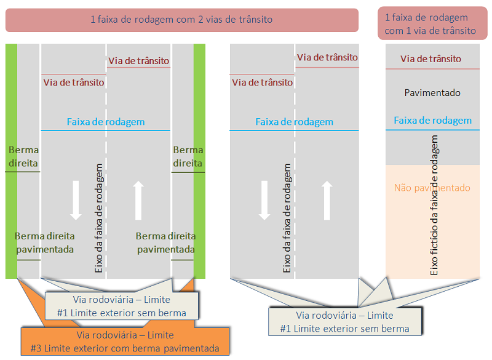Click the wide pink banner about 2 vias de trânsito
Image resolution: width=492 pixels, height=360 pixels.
[x=181, y=20]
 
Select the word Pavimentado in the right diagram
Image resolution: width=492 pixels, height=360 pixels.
[x=432, y=93]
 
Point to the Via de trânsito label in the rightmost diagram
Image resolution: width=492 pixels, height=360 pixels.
[x=430, y=59]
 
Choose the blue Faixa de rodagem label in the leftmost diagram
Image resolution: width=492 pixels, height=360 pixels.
[x=106, y=122]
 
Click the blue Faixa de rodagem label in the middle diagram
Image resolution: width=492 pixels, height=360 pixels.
[x=294, y=122]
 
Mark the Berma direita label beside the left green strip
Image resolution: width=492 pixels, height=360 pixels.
[x=23, y=157]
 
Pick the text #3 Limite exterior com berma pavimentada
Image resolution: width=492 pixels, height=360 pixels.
[x=125, y=348]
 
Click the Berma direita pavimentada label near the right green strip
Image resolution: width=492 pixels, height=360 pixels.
[x=165, y=242]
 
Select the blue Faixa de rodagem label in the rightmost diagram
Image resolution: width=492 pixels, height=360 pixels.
[x=432, y=121]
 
